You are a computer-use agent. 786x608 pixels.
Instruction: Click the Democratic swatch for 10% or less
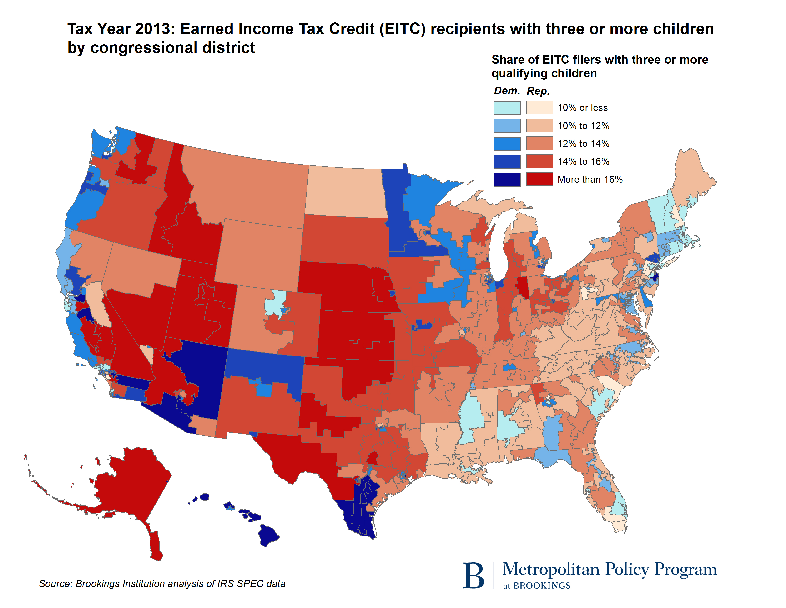[x=507, y=108]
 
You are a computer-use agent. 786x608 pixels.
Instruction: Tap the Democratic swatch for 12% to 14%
[x=507, y=144]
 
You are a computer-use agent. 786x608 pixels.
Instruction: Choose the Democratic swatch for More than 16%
[x=507, y=179]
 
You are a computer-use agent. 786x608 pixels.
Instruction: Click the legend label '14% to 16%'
[x=583, y=161]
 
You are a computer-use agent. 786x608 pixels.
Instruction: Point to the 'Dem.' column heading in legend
[x=507, y=91]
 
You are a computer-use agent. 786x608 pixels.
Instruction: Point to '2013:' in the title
[x=155, y=29]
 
